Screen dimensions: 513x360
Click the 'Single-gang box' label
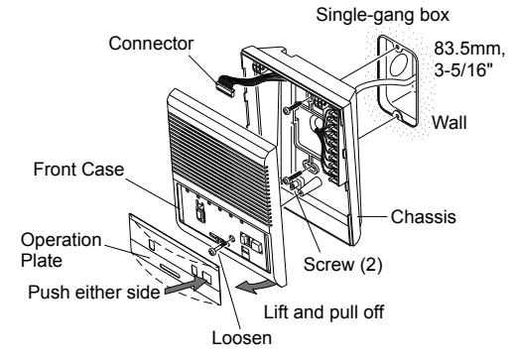(382, 15)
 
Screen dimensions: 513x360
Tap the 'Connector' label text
(151, 44)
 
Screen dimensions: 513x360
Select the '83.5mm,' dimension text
(469, 49)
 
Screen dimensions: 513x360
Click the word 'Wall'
(449, 122)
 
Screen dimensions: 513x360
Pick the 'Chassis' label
(423, 217)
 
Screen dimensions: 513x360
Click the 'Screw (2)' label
(342, 265)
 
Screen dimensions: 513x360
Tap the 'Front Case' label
(78, 170)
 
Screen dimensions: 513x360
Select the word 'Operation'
(62, 240)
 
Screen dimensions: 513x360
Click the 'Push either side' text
(94, 293)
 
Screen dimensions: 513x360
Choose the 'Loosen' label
(242, 338)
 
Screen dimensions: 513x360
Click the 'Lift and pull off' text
(323, 312)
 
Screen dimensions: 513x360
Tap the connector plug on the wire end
(224, 85)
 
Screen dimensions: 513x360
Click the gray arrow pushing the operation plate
(186, 286)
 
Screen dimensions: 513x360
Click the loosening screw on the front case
(221, 245)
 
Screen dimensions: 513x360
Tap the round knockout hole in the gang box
(400, 64)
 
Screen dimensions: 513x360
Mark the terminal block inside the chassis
(331, 147)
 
